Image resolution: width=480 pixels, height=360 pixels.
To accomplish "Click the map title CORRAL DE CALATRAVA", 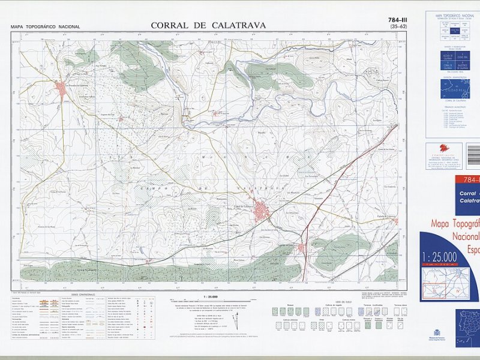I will coord(208,25).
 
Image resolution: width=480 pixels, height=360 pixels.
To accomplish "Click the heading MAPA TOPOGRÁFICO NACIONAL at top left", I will coord(45,27).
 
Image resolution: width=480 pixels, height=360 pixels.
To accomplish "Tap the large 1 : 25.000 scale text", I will coord(440,257).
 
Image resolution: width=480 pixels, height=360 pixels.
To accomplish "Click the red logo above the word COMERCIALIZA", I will coord(444,148).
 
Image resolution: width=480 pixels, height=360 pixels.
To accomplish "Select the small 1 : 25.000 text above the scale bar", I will coord(210,297).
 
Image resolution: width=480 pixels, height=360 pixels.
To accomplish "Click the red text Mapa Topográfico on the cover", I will coord(456,224).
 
